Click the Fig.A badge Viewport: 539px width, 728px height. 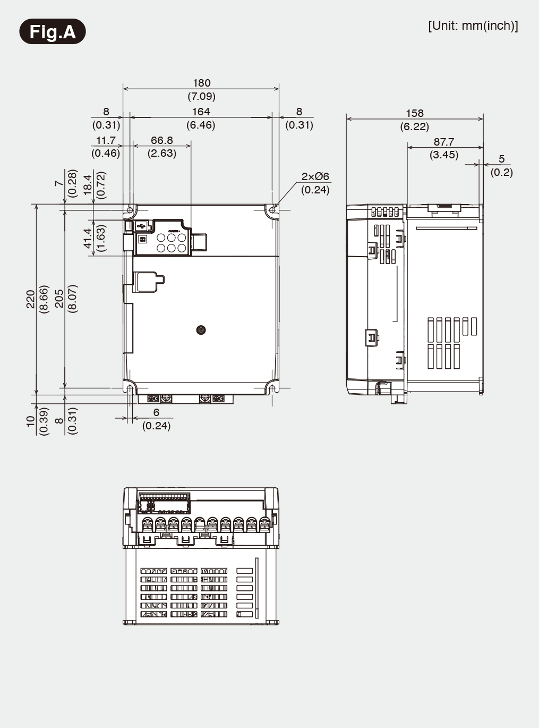click(53, 31)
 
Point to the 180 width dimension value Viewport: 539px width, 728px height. click(201, 83)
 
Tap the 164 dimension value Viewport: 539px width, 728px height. click(201, 112)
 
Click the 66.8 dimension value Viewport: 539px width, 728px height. click(162, 140)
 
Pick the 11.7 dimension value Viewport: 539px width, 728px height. click(106, 140)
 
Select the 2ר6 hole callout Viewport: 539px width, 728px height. click(315, 176)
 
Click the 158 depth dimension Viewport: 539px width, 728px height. click(415, 113)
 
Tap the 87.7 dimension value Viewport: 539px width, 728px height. click(444, 142)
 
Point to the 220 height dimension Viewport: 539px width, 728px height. click(30, 299)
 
